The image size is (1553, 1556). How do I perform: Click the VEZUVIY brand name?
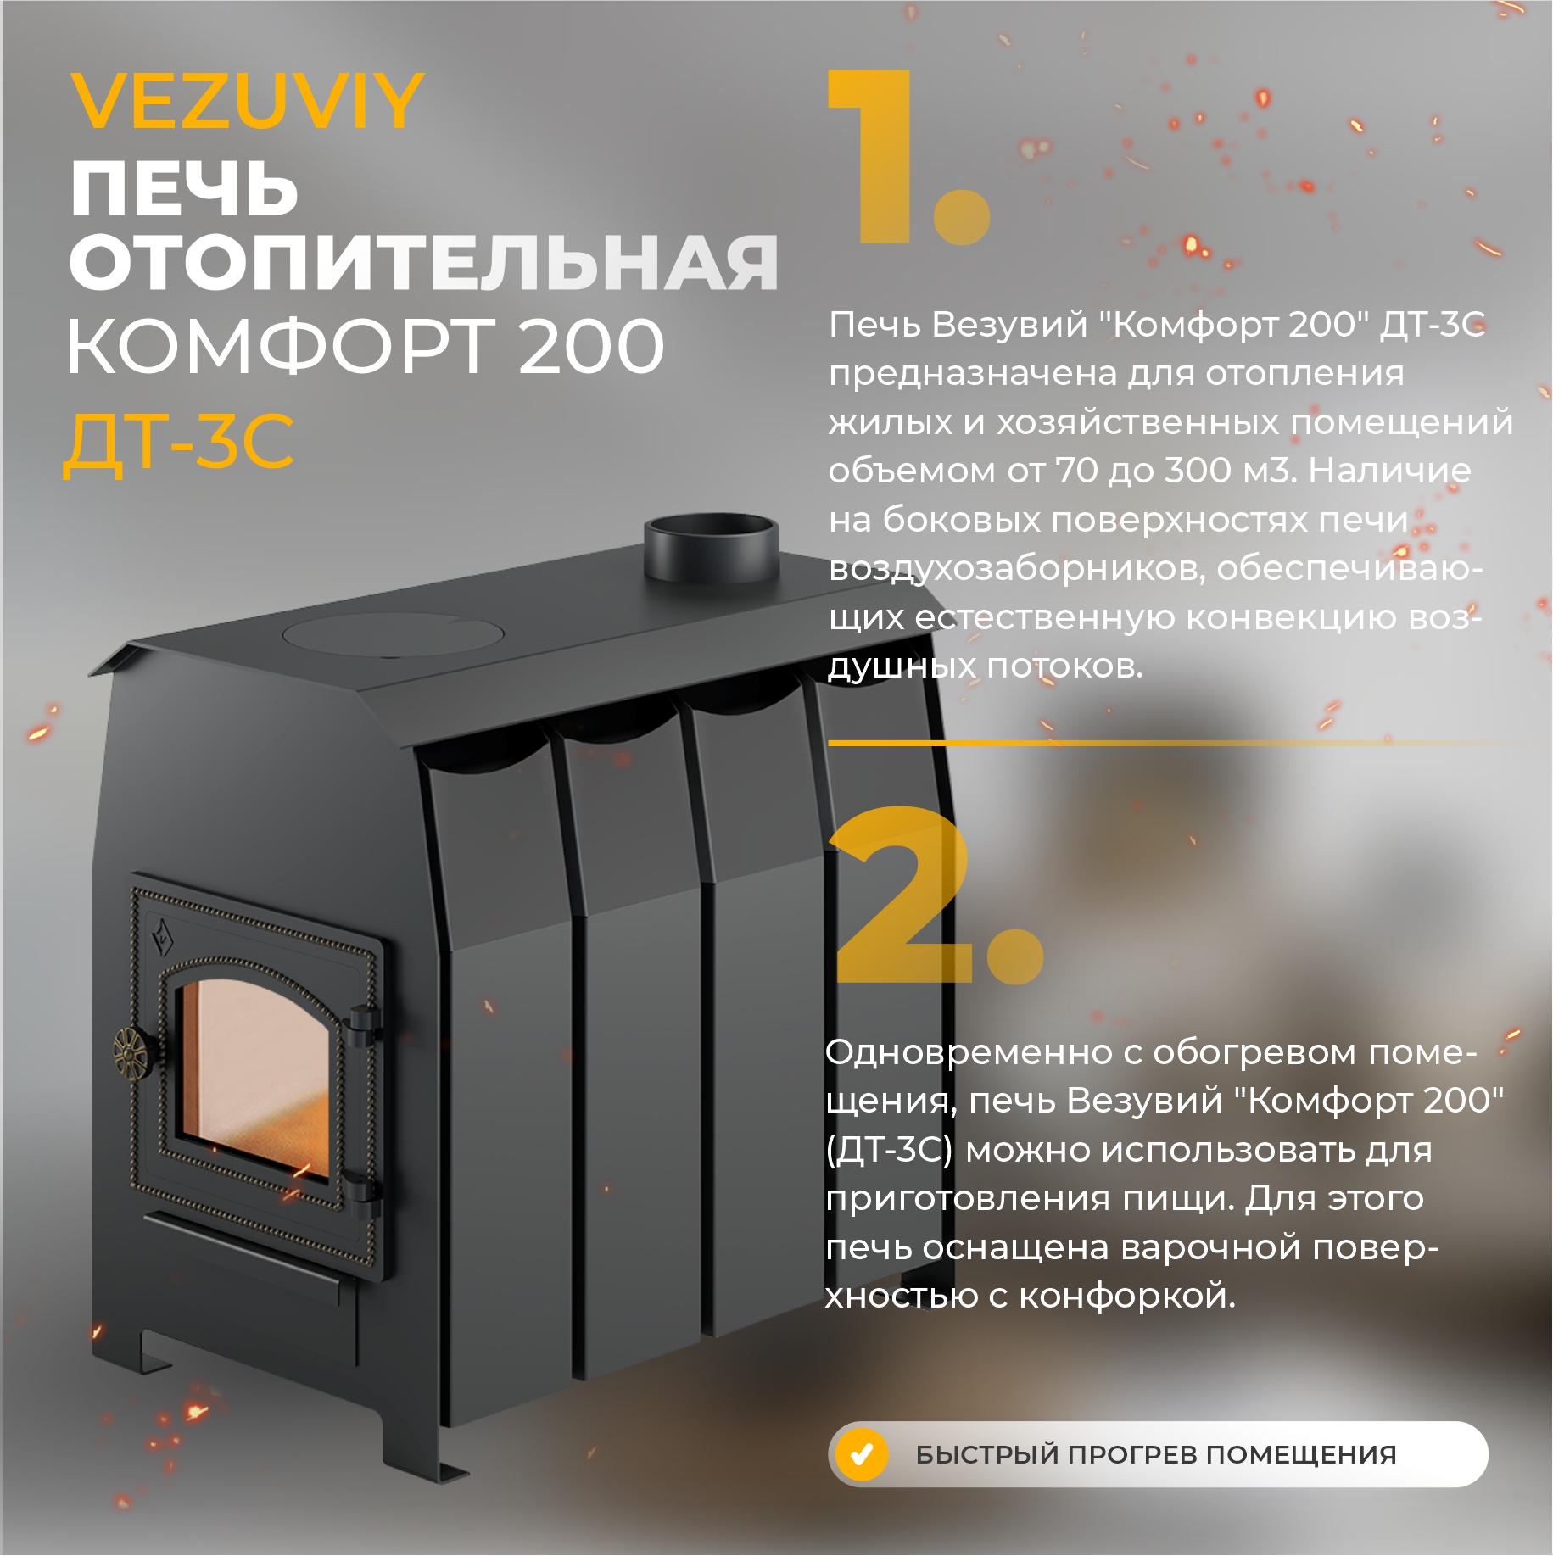[x=247, y=101]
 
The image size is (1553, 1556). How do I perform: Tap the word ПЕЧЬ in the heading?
[x=185, y=188]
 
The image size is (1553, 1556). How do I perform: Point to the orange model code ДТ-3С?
[x=179, y=442]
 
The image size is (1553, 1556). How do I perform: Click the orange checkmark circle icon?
[x=862, y=1454]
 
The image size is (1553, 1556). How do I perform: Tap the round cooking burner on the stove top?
[x=394, y=635]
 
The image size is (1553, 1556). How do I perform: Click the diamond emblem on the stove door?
[x=160, y=938]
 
